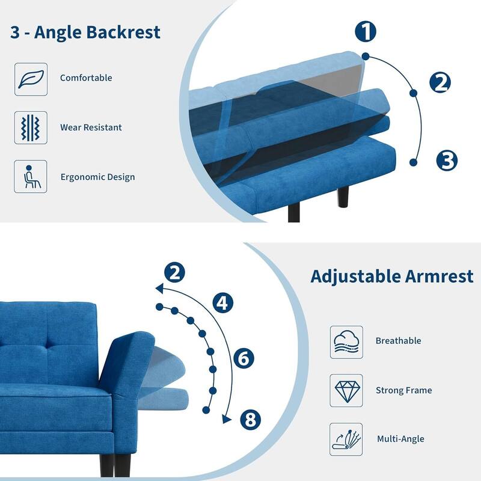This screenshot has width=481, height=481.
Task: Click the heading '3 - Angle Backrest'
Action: (x=85, y=32)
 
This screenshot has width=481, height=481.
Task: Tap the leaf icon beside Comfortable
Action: (x=31, y=79)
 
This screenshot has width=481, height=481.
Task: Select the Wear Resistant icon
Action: (x=31, y=127)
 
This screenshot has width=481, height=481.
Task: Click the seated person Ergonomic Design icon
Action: (x=31, y=177)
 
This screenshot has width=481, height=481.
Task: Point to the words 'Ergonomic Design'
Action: (x=97, y=177)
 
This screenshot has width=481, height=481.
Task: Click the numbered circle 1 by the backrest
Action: (x=366, y=32)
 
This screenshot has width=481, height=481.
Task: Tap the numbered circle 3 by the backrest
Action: (x=447, y=161)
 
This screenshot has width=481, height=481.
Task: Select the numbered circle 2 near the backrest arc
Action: (x=441, y=83)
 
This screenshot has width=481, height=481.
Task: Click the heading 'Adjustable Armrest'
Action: (x=392, y=277)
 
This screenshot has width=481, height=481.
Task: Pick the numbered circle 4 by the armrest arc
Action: (x=223, y=302)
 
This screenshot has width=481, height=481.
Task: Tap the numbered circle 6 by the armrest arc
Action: (x=244, y=359)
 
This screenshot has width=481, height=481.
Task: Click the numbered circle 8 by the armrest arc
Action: (x=251, y=419)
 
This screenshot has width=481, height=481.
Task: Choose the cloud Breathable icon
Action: (x=346, y=342)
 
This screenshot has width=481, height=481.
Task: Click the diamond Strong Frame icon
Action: (x=346, y=390)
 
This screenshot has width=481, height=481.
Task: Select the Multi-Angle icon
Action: (x=346, y=439)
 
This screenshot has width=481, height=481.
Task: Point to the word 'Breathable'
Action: (x=398, y=341)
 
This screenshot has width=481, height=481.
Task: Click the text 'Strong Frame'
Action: (x=403, y=390)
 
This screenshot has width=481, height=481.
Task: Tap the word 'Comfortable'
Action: (x=86, y=78)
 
